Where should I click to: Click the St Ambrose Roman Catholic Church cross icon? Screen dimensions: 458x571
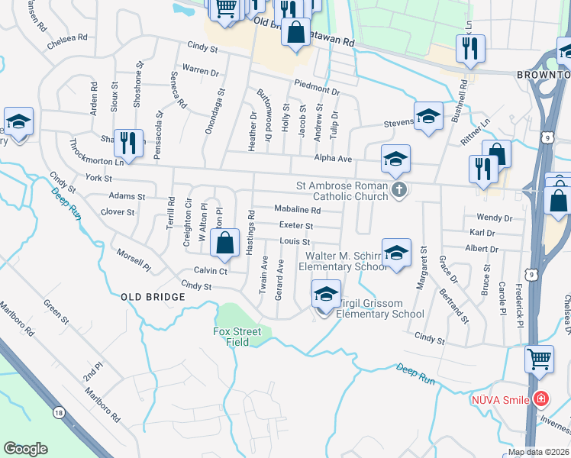point(398,191)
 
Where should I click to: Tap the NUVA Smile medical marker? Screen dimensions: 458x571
point(541,398)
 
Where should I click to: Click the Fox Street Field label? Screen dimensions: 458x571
point(237,337)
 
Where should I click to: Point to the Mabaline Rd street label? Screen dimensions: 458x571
point(296,210)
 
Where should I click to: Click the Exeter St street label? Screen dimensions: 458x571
point(296,226)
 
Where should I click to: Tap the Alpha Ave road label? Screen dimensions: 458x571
point(333,158)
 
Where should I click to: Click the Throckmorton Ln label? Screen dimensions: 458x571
point(96,152)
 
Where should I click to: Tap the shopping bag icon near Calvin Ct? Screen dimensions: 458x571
point(225,245)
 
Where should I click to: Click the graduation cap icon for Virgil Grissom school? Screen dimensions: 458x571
point(326,295)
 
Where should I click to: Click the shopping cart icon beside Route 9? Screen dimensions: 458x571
point(539,359)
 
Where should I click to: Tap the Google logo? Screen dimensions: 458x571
point(25,449)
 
